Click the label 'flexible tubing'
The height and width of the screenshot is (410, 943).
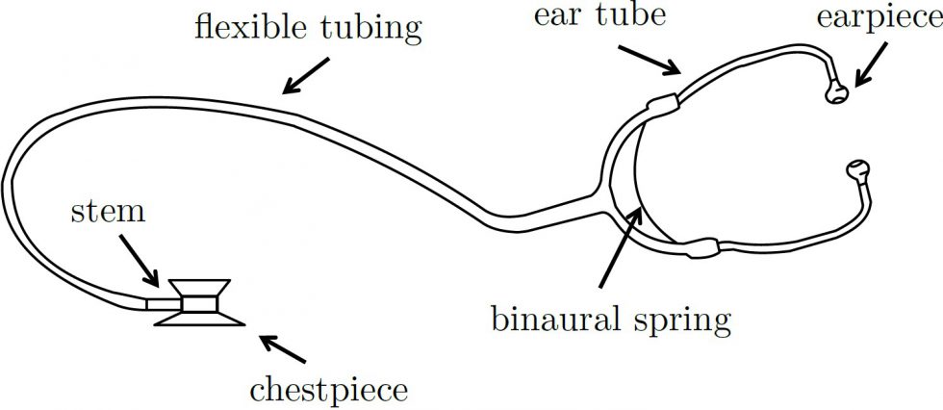pos(308,26)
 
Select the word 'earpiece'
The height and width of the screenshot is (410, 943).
pos(877,19)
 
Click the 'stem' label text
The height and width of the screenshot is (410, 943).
pos(108,212)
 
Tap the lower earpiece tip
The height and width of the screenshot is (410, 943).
pos(855,171)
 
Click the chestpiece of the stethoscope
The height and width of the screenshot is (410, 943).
pos(197,303)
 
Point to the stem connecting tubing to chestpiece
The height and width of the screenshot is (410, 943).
pos(161,303)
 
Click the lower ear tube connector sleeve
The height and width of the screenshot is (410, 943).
pos(701,247)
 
